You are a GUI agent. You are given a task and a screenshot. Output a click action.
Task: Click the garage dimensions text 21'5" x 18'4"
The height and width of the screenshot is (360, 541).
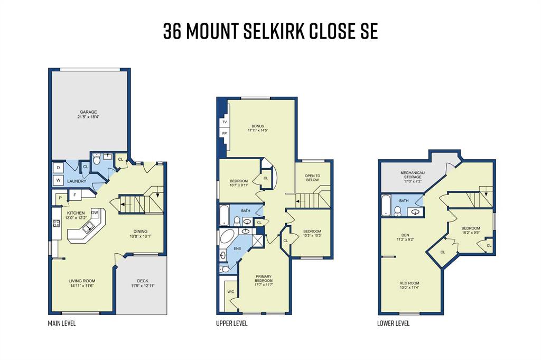coord(88,117)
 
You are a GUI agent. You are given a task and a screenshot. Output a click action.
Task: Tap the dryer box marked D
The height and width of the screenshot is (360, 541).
coord(58,168)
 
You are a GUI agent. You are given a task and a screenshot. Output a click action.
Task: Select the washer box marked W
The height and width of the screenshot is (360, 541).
coord(58,180)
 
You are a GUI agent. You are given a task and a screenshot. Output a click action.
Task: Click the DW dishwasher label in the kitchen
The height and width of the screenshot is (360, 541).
coord(95,213)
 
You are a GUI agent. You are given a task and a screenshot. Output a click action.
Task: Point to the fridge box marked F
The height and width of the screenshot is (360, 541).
coord(74,195)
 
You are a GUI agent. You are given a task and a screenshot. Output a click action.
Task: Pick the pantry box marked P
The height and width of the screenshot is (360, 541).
coord(60,198)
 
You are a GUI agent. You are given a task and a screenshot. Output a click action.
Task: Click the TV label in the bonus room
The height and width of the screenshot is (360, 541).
coord(224,122)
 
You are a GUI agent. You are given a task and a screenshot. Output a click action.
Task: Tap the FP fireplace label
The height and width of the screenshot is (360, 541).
coord(224,133)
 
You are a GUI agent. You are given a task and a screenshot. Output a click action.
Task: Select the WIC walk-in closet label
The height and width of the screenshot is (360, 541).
coord(231,292)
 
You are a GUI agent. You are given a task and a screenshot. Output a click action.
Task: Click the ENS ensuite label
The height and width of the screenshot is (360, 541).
coord(237,248)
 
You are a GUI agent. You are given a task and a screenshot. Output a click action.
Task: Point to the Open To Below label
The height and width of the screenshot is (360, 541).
coord(312,178)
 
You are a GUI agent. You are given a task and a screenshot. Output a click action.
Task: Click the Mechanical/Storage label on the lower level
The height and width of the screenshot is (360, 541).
coord(413,174)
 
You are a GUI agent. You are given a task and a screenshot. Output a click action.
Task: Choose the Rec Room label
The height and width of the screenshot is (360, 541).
coord(409,283)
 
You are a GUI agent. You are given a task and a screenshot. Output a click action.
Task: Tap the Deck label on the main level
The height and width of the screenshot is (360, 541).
coord(143,281)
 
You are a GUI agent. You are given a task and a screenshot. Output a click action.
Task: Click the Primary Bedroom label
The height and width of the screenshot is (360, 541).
coord(264,279)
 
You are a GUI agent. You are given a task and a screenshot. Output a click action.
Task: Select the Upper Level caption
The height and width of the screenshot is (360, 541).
coord(232,324)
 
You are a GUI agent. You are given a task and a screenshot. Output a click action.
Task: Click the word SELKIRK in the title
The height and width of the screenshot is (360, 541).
coord(274,31)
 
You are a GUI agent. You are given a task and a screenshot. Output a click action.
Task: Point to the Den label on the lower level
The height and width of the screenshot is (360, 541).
coord(405,235)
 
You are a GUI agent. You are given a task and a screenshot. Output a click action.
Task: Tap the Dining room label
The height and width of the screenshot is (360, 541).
coord(141,231)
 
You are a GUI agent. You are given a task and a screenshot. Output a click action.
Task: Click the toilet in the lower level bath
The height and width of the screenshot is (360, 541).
coord(397,210)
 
